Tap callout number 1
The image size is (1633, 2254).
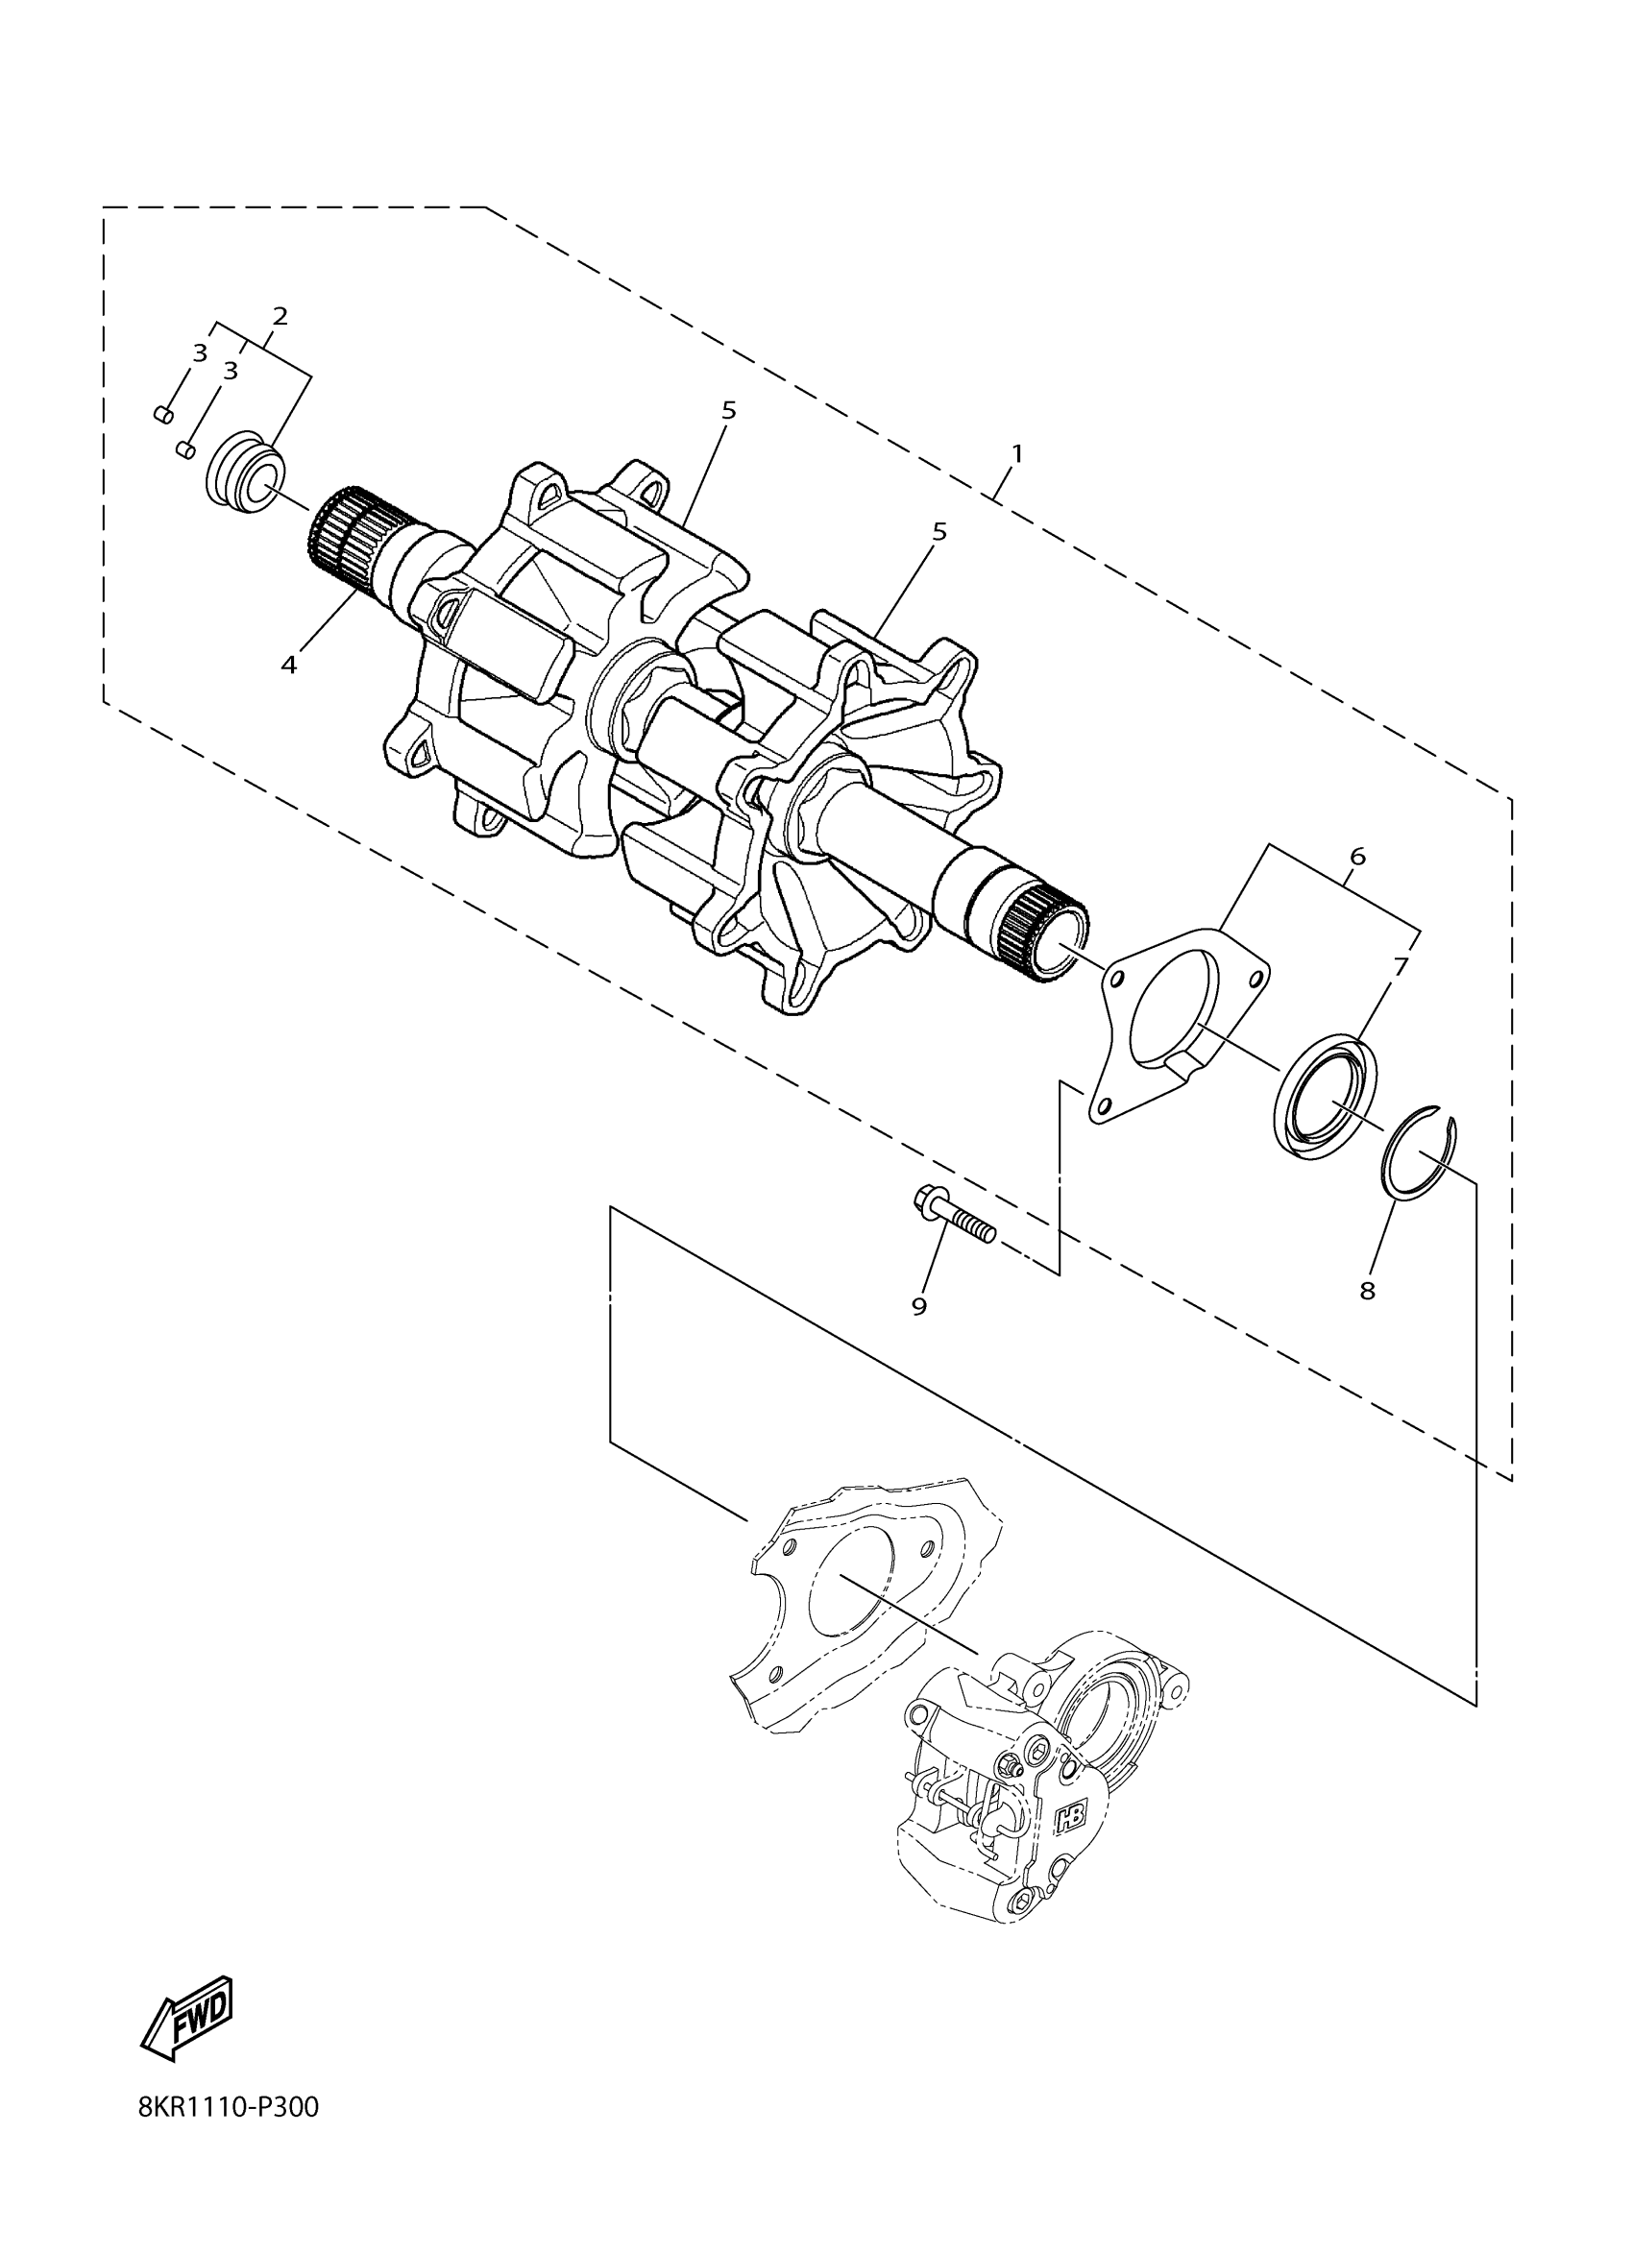[x=1016, y=453]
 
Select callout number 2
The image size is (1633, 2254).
[x=280, y=316]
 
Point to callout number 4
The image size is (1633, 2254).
[x=288, y=665]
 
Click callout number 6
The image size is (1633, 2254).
[x=1357, y=856]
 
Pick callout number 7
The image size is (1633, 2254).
[x=1400, y=965]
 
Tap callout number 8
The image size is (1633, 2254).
[x=1368, y=1291]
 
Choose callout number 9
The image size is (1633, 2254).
[x=918, y=1307]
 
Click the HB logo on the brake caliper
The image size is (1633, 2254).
[x=1071, y=1816]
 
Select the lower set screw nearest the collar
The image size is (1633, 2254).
[x=183, y=449]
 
